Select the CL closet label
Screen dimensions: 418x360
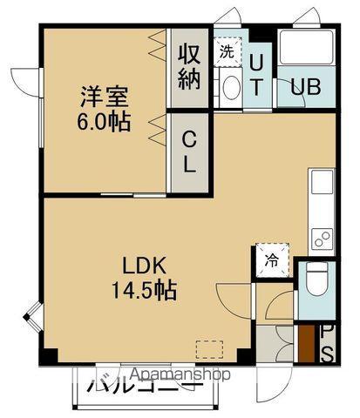188,150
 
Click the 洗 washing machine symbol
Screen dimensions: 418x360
227,51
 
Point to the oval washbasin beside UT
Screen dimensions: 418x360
231,86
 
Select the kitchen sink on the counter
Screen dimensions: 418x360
320,185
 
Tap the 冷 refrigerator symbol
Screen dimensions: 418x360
271,259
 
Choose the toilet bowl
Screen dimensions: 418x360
316,280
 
